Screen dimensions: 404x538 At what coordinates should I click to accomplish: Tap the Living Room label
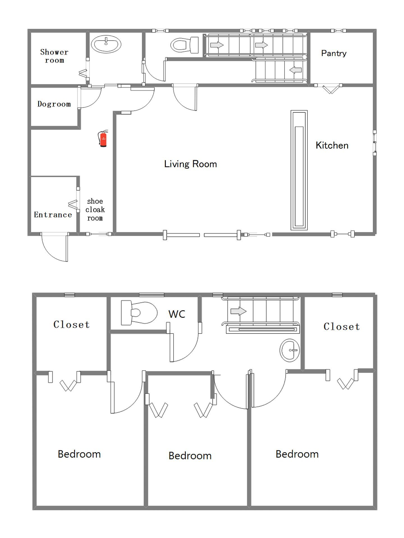pos(190,164)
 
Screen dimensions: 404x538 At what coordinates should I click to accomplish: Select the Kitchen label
pos(332,145)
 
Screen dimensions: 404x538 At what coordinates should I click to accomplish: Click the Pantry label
pos(334,53)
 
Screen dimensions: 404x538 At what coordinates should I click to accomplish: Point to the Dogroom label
pos(54,104)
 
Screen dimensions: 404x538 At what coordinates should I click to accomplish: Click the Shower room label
pos(54,56)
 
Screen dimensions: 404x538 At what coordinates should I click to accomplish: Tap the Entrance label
pos(53,215)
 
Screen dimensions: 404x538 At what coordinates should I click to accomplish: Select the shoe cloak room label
pos(95,210)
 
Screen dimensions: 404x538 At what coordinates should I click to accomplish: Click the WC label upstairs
pos(177,314)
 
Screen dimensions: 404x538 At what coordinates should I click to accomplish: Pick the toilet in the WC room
pos(139,313)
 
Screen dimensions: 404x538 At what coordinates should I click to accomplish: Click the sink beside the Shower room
pos(106,44)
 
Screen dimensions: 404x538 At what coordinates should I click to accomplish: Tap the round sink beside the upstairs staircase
pos(290,350)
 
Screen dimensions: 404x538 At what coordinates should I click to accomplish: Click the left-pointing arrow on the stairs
pos(295,70)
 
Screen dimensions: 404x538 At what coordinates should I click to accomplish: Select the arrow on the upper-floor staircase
pos(238,311)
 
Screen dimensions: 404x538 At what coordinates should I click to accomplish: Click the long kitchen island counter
pos(299,170)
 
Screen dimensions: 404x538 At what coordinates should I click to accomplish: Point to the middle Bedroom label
pos(190,456)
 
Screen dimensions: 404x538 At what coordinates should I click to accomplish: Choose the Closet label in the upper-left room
pos(72,324)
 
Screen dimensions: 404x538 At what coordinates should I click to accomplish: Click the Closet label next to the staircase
pos(342,326)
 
